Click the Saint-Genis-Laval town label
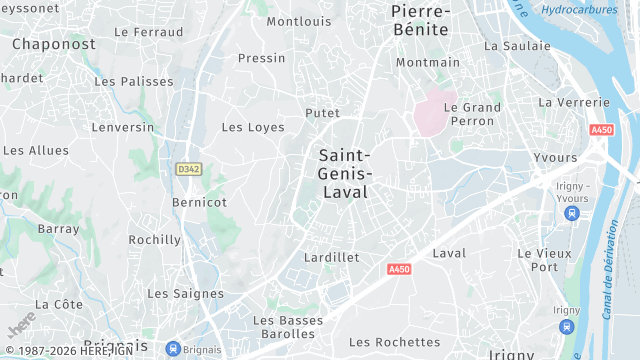click(344, 173)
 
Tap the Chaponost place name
click(54, 44)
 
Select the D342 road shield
click(187, 169)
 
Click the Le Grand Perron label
click(472, 114)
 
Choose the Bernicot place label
click(199, 202)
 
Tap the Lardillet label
click(331, 257)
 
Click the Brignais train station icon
click(174, 349)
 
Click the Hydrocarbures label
click(580, 10)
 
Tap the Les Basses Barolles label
click(288, 327)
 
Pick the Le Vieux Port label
click(545, 260)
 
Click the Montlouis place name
click(299, 21)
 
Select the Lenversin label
click(123, 127)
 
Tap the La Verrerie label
click(573, 102)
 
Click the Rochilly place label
click(155, 240)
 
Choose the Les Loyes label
click(253, 127)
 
